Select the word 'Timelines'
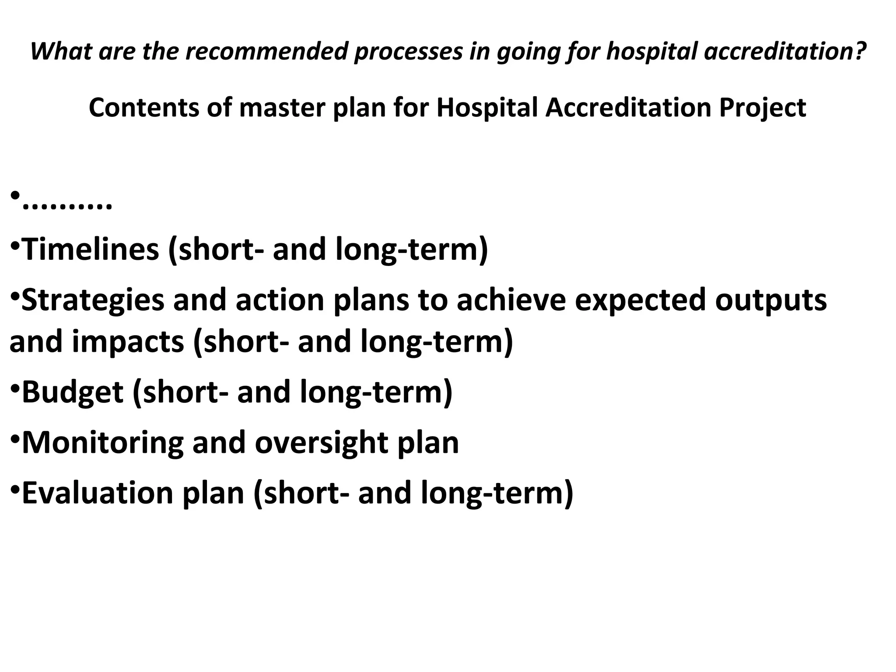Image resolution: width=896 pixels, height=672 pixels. click(x=90, y=249)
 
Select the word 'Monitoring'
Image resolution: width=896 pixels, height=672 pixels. click(x=102, y=443)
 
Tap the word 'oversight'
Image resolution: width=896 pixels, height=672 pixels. click(x=321, y=443)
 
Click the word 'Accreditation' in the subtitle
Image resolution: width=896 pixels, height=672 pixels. click(x=628, y=108)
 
